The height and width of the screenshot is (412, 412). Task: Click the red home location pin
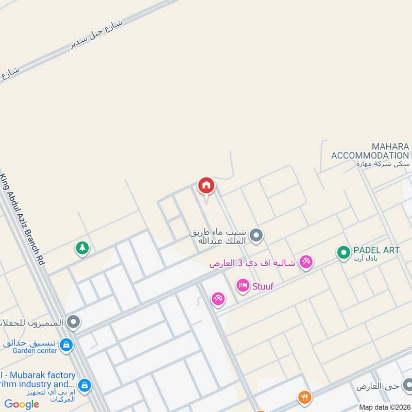coord(206,186)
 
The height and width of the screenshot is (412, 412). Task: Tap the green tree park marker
coord(82,248)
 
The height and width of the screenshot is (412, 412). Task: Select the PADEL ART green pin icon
coord(344,252)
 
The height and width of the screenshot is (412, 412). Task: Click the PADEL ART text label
coord(376,250)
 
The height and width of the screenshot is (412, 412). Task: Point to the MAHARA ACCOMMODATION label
coord(370,151)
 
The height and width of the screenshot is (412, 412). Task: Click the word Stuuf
coord(263,286)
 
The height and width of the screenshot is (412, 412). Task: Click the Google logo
coord(22,404)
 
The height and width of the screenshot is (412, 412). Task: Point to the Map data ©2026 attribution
coord(384,407)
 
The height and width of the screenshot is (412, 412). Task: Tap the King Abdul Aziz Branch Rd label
coord(23,219)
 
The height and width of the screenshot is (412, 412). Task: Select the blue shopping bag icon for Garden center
coord(66,345)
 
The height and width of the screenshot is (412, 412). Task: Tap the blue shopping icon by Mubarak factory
coord(84,384)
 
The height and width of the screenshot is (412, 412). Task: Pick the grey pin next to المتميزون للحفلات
coord(74,323)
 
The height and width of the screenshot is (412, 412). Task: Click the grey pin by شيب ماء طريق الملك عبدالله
coord(257,236)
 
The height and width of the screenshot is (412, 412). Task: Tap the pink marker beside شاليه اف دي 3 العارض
coord(306,262)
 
